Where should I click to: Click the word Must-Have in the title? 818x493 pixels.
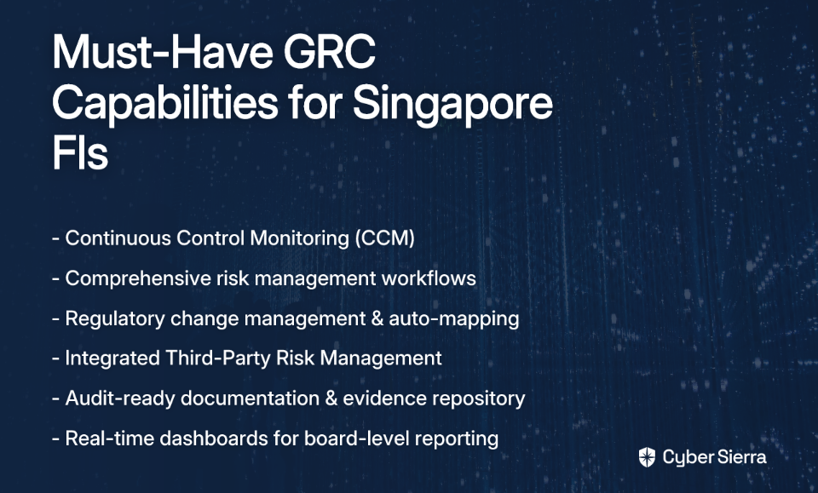coord(163,52)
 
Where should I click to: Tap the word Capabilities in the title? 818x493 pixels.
coord(164,103)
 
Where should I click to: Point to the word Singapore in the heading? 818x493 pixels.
coord(452,103)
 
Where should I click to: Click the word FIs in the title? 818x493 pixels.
coord(80,152)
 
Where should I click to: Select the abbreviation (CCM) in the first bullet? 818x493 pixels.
coord(385,238)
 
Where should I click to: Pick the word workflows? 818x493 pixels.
coord(429,278)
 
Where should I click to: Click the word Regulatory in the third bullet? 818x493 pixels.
coord(115,319)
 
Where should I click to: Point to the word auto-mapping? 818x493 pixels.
coord(454,319)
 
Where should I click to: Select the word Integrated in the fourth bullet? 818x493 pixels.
coord(112,358)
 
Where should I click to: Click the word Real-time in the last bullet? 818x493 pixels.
coord(110,439)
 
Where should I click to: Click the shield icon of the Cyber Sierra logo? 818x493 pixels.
coord(647,457)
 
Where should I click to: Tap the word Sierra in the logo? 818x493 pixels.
coord(741,457)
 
